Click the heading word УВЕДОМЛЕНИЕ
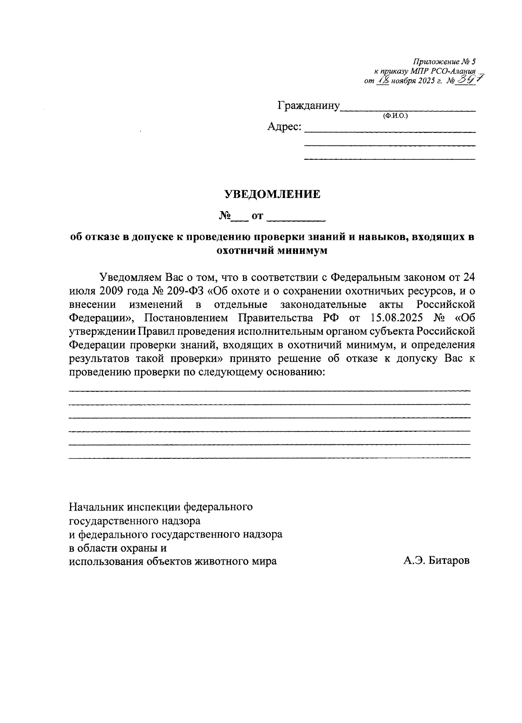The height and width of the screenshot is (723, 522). point(272,195)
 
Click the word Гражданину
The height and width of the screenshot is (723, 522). point(308,106)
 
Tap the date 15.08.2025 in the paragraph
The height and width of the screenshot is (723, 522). point(397,317)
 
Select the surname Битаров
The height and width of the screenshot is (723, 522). point(449,562)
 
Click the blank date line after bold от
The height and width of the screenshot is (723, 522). point(296,216)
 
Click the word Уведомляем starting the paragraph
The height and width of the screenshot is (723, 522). point(127,277)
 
